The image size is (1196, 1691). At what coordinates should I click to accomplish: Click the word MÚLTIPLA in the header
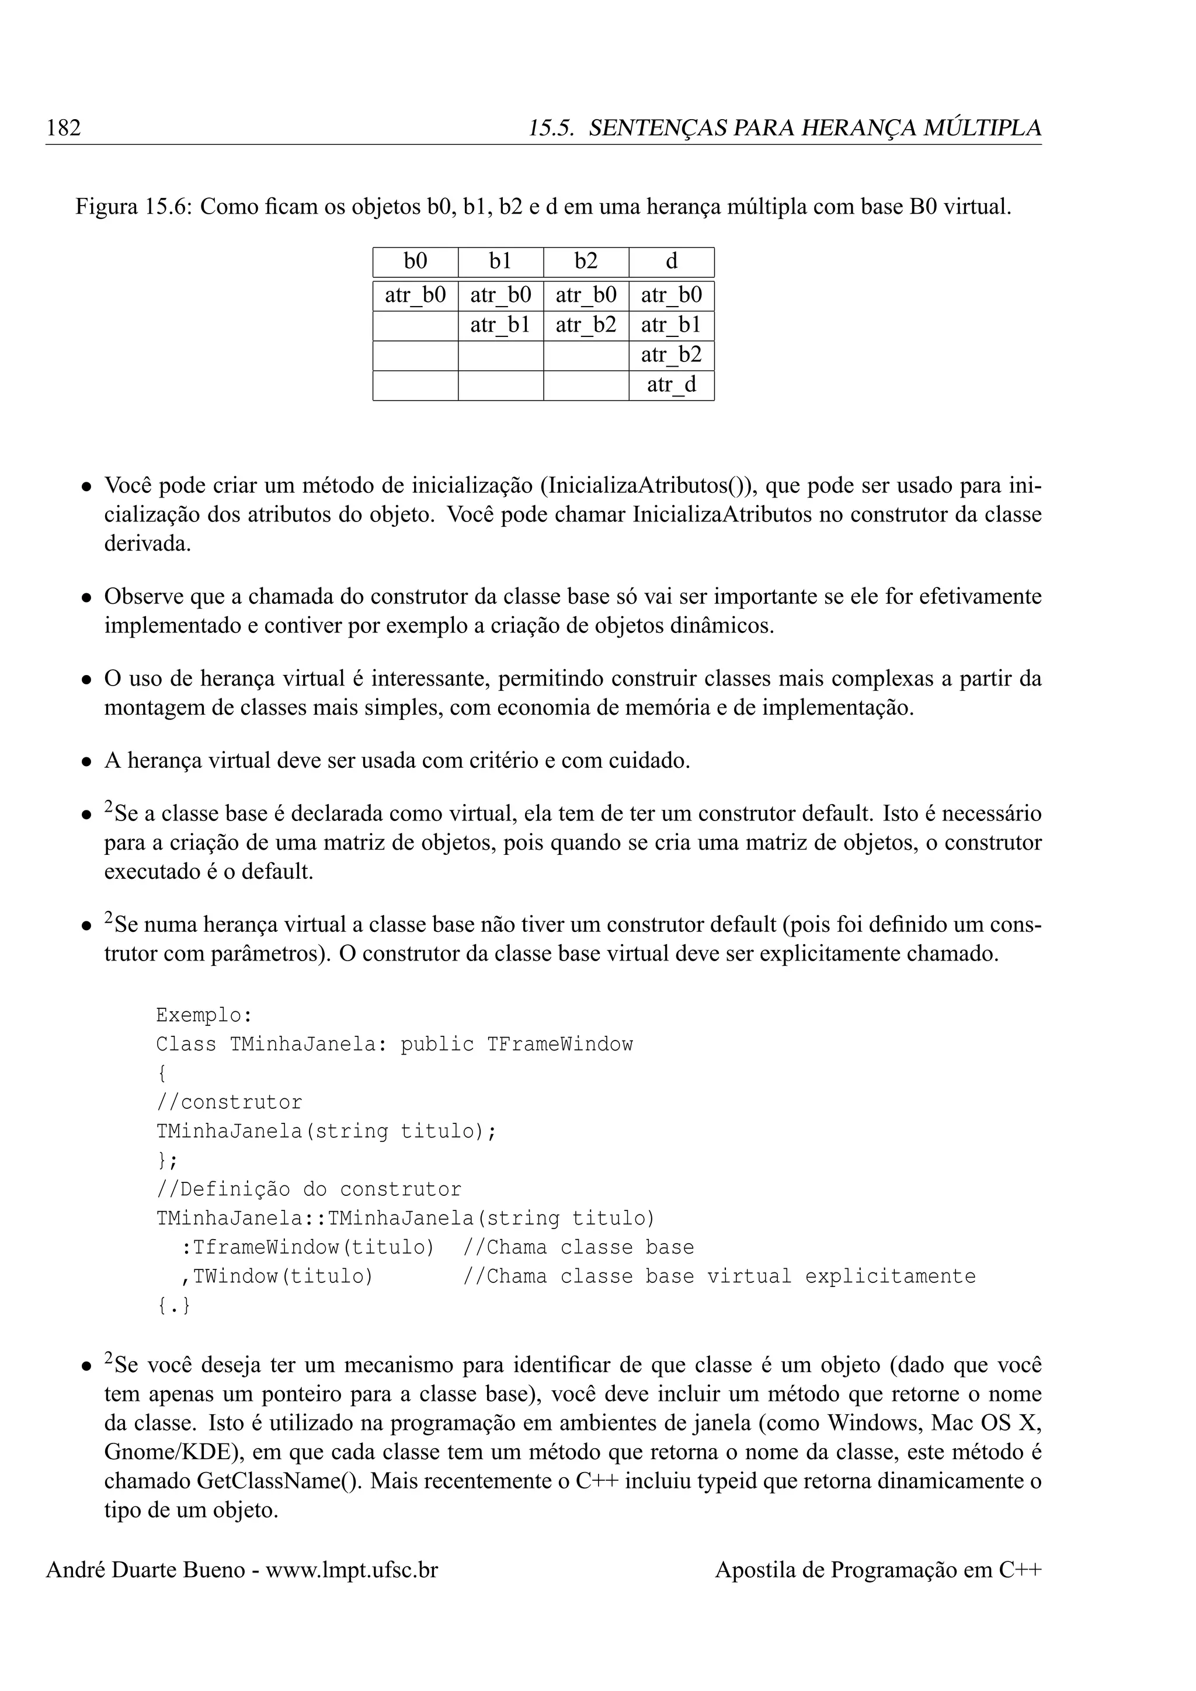982,128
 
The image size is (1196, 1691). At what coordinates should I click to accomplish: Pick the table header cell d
671,262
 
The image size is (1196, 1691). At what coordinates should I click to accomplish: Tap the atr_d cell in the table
671,384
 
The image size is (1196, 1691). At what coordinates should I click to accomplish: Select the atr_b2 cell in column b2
586,325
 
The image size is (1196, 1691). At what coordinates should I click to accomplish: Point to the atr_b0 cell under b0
415,295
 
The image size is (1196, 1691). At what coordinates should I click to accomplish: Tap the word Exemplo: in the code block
204,1015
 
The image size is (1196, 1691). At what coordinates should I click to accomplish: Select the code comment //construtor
229,1102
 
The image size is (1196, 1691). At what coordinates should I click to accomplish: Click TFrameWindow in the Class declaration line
559,1045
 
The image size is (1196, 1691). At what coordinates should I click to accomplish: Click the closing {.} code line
174,1306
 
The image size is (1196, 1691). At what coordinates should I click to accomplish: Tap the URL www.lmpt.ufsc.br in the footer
352,1570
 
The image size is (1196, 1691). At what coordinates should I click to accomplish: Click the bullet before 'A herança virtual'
87,761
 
